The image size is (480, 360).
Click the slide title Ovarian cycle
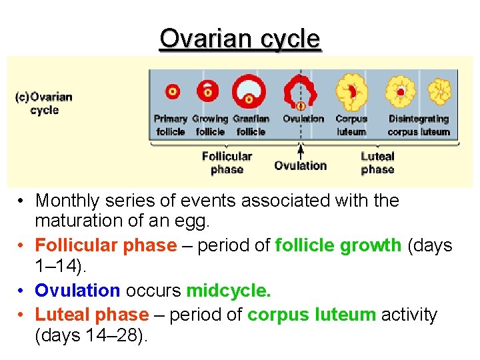click(240, 39)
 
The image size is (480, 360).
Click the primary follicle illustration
click(172, 91)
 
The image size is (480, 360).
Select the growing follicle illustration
click(209, 91)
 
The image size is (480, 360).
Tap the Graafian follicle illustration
click(249, 91)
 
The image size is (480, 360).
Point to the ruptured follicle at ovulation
click(301, 92)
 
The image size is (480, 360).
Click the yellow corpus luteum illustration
click(351, 91)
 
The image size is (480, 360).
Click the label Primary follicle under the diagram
click(171, 125)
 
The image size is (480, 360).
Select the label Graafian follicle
click(251, 125)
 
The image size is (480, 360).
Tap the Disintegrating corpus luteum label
click(419, 125)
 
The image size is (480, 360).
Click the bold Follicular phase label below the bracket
click(227, 163)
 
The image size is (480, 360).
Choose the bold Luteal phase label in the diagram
click(377, 163)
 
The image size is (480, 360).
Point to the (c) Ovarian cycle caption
click(44, 103)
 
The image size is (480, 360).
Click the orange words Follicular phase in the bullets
click(105, 245)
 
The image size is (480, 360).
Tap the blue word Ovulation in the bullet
click(77, 291)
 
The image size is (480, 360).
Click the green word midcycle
click(229, 291)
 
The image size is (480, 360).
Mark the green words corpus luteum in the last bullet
click(311, 315)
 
